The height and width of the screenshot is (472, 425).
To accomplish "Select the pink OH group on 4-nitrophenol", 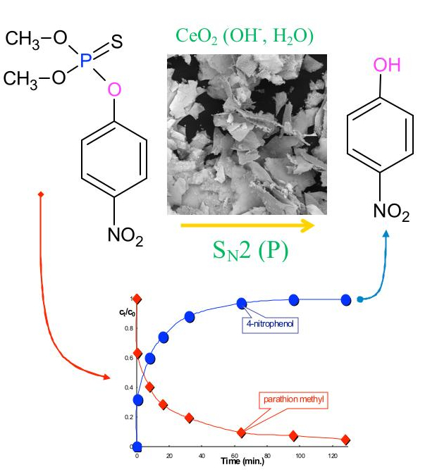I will click(386, 66).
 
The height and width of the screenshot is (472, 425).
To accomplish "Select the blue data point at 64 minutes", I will click(242, 303).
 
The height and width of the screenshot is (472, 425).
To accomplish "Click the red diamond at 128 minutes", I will click(345, 440).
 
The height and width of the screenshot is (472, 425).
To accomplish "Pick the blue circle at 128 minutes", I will click(345, 299).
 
